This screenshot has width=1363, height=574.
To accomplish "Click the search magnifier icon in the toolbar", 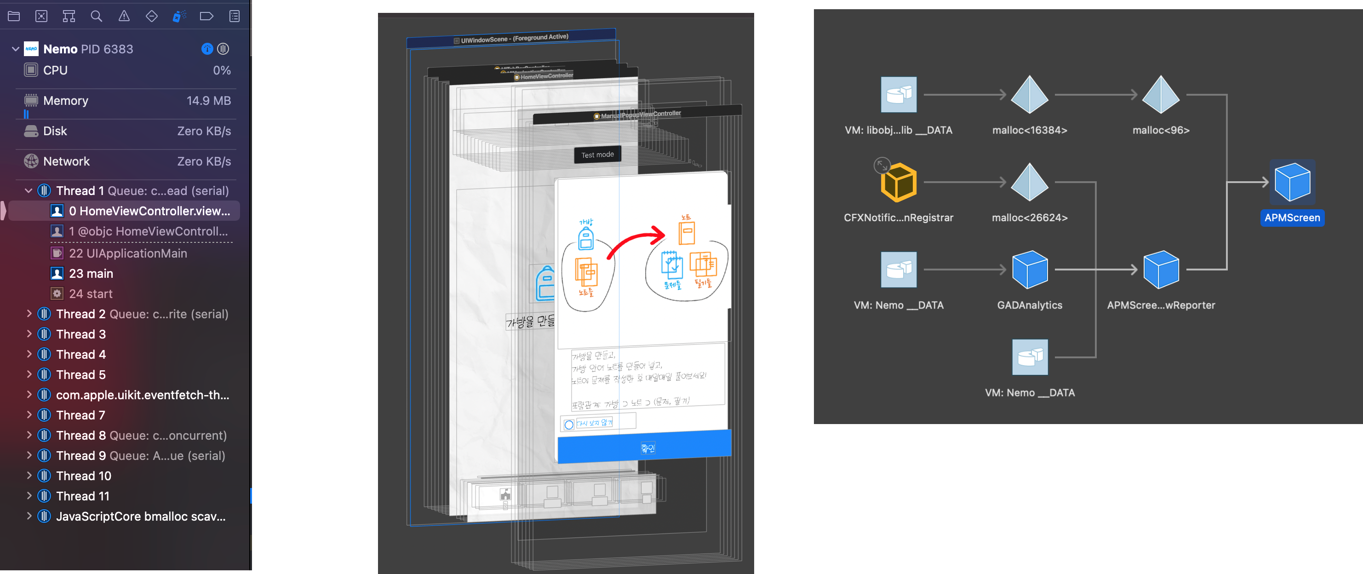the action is pos(96,17).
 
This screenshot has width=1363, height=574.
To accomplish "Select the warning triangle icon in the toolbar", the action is pos(124,17).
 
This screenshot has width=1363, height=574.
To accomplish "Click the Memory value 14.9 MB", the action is pos(208,101).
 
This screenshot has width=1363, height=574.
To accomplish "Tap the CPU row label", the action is pos(55,70).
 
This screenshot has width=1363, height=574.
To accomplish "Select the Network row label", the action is pos(66,161).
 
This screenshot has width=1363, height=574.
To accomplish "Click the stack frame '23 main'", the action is pos(91,274).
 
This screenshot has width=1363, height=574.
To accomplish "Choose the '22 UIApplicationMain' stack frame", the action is pos(128,253).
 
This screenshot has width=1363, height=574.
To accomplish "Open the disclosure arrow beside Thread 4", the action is pos(29,355).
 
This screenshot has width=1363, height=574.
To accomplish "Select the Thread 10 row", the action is pos(84,476).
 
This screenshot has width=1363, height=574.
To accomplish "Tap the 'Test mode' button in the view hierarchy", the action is pos(597,155).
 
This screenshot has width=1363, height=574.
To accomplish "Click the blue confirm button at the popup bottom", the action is pos(644,448).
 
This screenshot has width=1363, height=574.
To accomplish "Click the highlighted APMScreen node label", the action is pos(1292,218).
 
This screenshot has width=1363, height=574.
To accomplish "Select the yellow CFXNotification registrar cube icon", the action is pos(899,183).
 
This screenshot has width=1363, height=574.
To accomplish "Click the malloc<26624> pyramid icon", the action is pos(1029,183).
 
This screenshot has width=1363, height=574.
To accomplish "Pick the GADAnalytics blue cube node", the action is pos(1029,270).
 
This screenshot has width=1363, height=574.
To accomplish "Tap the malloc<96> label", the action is pos(1161,130).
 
